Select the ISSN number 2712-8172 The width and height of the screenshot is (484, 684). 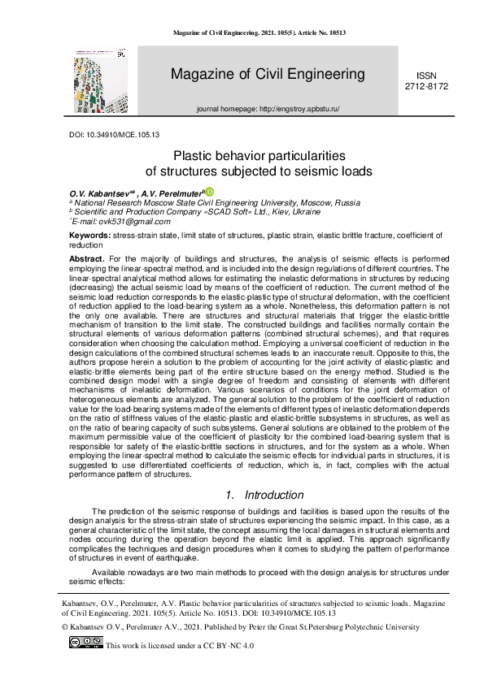(x=425, y=85)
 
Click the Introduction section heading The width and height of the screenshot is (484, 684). (x=276, y=495)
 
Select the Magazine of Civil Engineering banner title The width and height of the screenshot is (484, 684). (x=268, y=75)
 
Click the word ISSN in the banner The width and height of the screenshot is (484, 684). (x=425, y=74)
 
